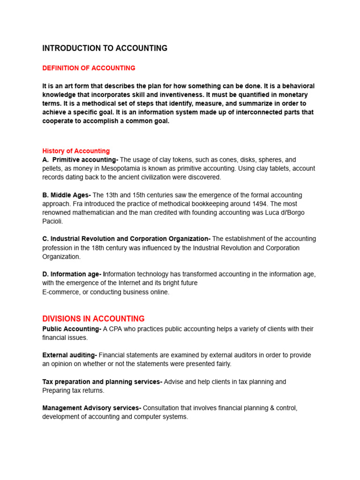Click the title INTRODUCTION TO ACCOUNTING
(x=105, y=48)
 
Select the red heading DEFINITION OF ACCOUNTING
(x=89, y=68)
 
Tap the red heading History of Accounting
(x=76, y=151)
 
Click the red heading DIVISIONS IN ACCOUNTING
(x=93, y=319)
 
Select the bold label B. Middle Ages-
(x=67, y=195)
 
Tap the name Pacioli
(x=52, y=221)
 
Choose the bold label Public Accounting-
(x=72, y=329)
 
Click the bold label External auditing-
(x=69, y=355)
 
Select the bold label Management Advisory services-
(x=91, y=408)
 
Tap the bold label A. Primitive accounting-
(x=80, y=160)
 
